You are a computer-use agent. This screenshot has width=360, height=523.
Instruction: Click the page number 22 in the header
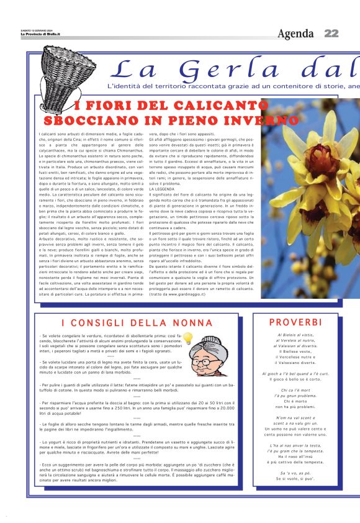tap(331, 33)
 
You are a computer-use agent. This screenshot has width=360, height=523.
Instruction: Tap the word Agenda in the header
tap(295, 34)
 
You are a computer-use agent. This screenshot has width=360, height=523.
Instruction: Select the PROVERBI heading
tap(295, 322)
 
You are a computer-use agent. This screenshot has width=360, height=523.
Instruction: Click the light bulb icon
tap(187, 339)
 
